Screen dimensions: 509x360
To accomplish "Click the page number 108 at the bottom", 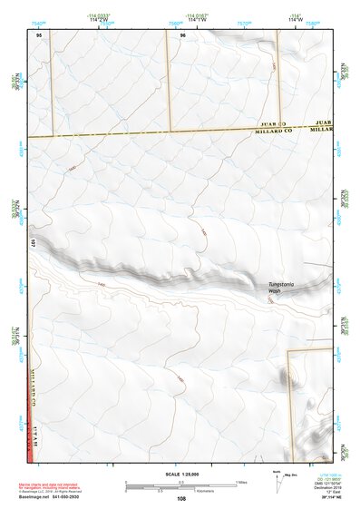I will [182, 498].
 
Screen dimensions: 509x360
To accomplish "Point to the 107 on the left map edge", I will [31, 243].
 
